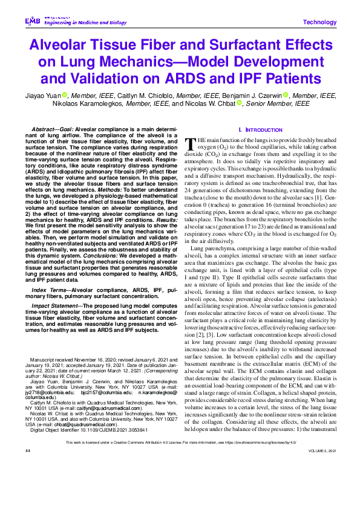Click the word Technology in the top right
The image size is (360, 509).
click(x=319, y=22)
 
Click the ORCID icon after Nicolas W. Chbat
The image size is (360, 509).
click(x=239, y=103)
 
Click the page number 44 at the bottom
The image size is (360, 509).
click(x=28, y=485)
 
